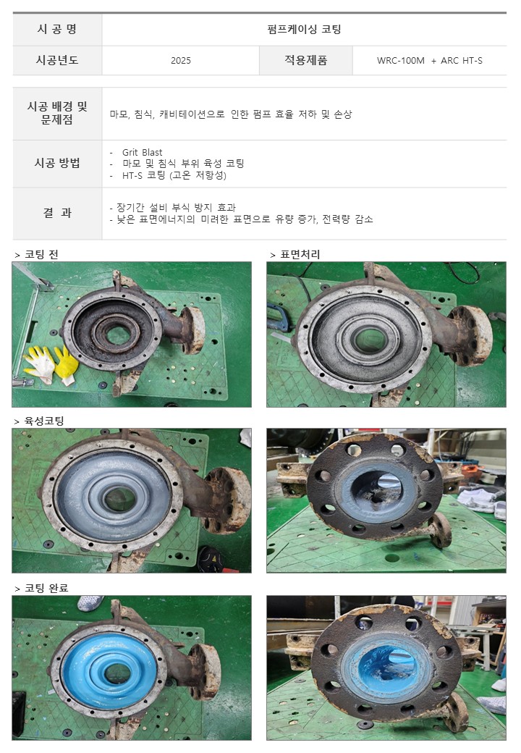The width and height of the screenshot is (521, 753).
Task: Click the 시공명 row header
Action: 57,29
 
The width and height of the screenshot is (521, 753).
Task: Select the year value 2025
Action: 181,61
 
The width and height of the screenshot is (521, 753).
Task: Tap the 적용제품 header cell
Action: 305,60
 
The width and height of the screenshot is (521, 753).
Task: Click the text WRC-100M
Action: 401,61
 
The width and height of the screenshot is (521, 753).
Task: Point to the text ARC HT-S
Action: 462,61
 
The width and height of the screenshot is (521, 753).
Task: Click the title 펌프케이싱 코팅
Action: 304,29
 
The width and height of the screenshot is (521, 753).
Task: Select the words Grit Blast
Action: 142,152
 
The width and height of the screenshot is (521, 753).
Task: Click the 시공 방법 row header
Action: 57,164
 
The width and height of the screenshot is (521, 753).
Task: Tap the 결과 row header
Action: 57,213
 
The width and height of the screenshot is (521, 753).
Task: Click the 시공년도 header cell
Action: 57,60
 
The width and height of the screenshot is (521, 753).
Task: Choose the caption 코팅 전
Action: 41,255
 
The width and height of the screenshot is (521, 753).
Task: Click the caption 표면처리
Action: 300,255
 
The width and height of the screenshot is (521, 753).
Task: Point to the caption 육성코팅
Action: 44,421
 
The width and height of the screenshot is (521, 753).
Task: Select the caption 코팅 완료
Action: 46,588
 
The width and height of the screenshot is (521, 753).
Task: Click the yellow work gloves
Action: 51,364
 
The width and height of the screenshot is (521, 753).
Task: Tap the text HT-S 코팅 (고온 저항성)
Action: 174,175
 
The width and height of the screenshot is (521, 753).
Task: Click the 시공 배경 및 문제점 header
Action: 57,113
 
